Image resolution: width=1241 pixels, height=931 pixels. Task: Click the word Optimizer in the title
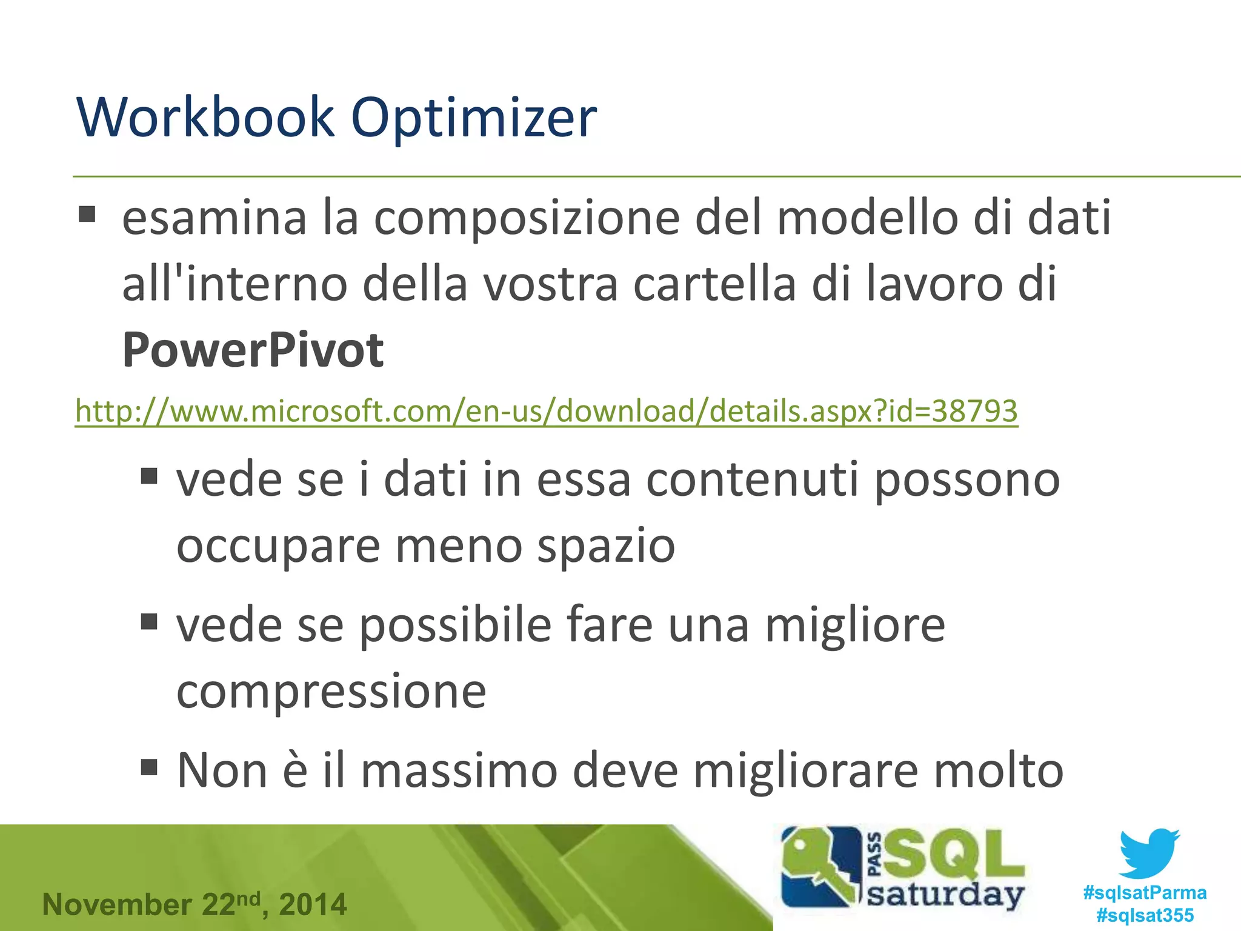click(474, 118)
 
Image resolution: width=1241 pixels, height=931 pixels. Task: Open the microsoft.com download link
click(546, 412)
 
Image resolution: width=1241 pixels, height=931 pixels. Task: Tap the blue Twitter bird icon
click(1149, 853)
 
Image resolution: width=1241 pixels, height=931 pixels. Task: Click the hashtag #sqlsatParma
click(1145, 892)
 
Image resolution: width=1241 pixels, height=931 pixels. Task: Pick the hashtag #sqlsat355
click(1145, 915)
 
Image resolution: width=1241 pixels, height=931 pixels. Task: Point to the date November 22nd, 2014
click(195, 904)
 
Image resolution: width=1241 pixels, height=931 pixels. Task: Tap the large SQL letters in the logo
click(954, 855)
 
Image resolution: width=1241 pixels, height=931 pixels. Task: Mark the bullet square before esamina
click(87, 215)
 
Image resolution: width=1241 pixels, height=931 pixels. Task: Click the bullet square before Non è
click(149, 767)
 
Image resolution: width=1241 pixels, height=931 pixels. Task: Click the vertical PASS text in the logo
click(874, 855)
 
